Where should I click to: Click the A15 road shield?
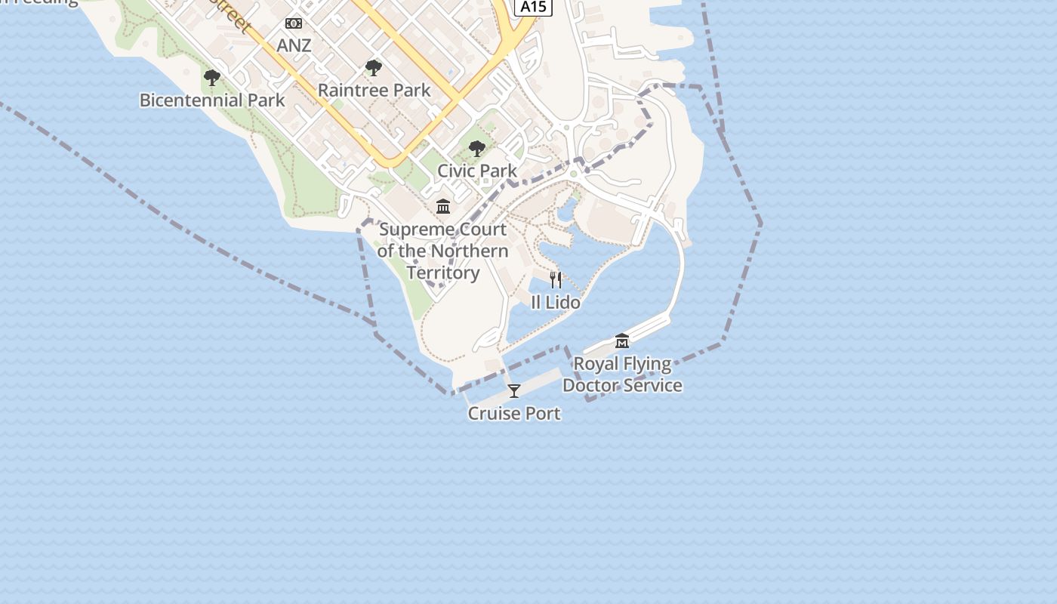pyautogui.click(x=533, y=7)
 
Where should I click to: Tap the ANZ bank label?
pyautogui.click(x=294, y=45)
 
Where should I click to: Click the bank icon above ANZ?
pyautogui.click(x=294, y=24)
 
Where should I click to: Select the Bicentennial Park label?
pyautogui.click(x=212, y=100)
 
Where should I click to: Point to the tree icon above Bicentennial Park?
pyautogui.click(x=212, y=78)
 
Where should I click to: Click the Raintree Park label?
pyautogui.click(x=374, y=91)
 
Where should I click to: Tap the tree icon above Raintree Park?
pyautogui.click(x=373, y=69)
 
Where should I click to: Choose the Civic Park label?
pyautogui.click(x=477, y=171)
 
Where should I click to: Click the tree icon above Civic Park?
pyautogui.click(x=476, y=149)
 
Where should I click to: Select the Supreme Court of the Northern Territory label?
pyautogui.click(x=443, y=251)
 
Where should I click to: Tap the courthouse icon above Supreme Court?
pyautogui.click(x=443, y=206)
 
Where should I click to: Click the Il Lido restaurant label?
pyautogui.click(x=556, y=303)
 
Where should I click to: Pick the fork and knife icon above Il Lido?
pyautogui.click(x=556, y=280)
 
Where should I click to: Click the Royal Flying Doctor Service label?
pyautogui.click(x=622, y=374)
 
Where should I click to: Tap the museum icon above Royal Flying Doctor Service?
pyautogui.click(x=621, y=341)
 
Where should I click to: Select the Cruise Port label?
pyautogui.click(x=514, y=414)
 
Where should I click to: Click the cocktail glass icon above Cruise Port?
pyautogui.click(x=514, y=391)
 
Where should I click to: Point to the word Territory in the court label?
pyautogui.click(x=443, y=273)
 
